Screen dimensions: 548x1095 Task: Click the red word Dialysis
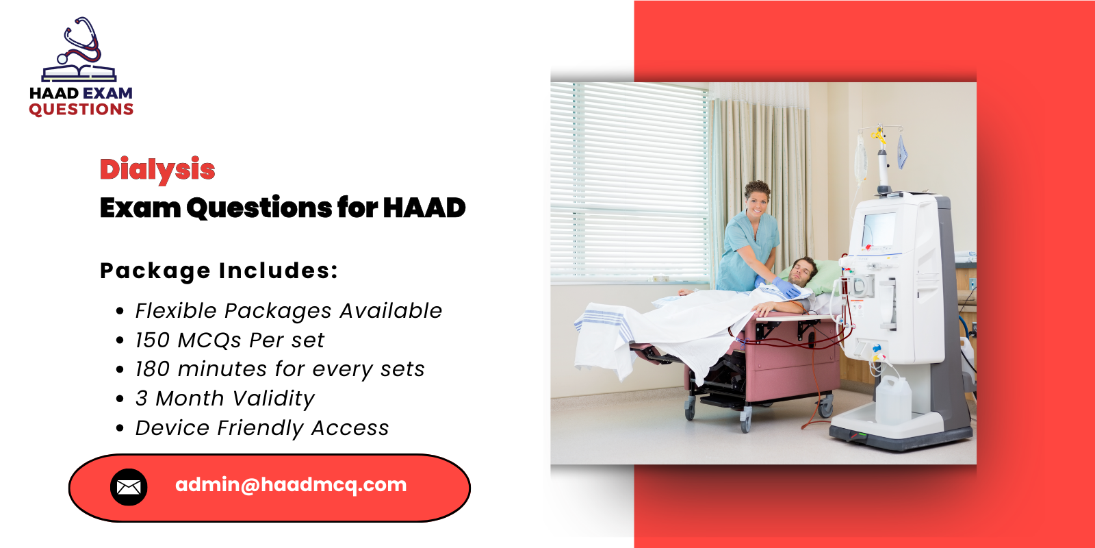157,169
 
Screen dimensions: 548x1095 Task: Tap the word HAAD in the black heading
424,208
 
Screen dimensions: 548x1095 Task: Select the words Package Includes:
219,271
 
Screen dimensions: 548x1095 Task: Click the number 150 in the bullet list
152,340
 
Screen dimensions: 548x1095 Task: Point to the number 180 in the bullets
152,369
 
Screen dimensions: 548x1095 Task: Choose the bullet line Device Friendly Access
261,428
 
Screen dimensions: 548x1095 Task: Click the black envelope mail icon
129,487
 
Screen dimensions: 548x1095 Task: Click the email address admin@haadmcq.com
291,485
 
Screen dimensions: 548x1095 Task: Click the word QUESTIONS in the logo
81,110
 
